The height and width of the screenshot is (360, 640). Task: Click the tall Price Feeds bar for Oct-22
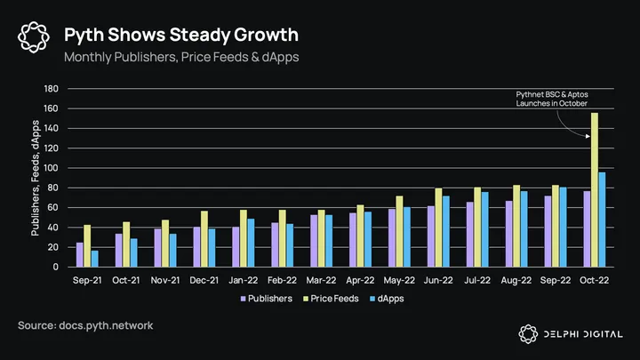click(594, 190)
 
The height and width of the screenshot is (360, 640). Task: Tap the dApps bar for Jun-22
click(446, 232)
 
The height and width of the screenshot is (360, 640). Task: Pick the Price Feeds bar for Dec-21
click(204, 239)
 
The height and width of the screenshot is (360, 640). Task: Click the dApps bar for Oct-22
click(602, 220)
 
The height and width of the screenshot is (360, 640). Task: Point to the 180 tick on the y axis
click(51, 89)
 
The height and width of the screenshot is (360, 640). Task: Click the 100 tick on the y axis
click(51, 168)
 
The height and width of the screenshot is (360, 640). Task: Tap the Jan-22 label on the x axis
click(244, 279)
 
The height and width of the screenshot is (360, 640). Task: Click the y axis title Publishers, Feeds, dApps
click(36, 178)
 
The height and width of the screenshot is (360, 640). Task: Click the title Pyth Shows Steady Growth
click(180, 35)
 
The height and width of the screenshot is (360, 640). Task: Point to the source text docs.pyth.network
click(85, 326)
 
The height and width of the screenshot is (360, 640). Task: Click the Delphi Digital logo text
click(581, 333)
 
